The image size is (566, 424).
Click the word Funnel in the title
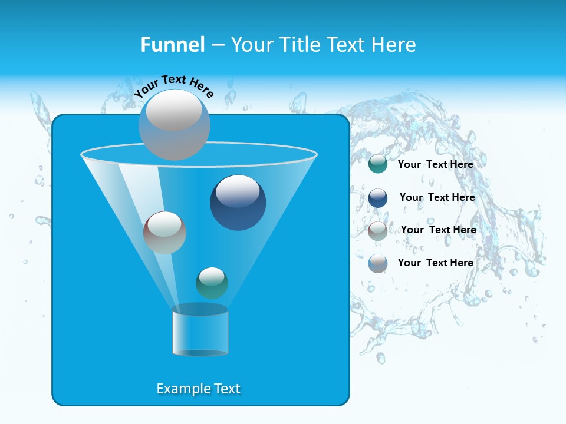click(172, 45)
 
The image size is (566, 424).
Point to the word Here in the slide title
click(394, 45)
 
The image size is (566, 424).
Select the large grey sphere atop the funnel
click(174, 124)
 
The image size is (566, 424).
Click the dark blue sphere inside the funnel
click(238, 203)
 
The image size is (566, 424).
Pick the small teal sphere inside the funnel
click(212, 283)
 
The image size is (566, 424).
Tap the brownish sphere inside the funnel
click(164, 233)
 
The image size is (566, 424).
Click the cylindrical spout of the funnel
click(200, 331)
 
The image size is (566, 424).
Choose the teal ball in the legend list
click(378, 164)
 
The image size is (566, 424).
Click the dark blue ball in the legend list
click(378, 198)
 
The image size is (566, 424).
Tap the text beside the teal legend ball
click(435, 164)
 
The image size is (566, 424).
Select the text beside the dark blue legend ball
click(437, 197)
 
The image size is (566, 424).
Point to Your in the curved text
click(146, 89)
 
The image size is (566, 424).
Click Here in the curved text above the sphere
click(202, 88)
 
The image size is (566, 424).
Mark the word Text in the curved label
click(174, 79)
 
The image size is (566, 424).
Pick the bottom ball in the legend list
click(378, 263)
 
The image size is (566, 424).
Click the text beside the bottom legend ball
click(435, 263)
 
